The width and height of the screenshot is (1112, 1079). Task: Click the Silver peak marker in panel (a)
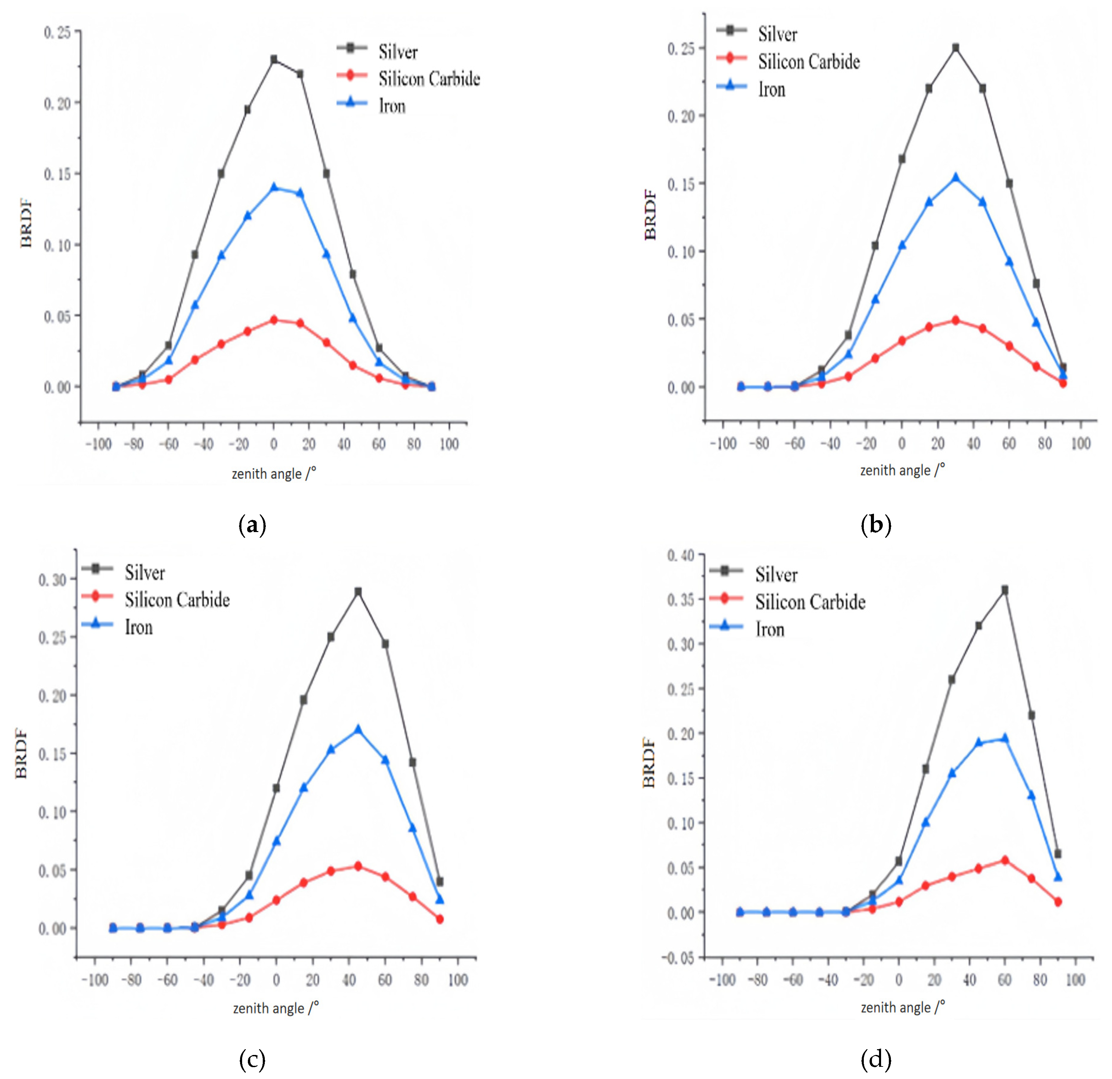(274, 59)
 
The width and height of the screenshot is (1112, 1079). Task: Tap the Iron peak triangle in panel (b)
(956, 177)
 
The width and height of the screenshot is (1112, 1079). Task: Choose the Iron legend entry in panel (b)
(772, 89)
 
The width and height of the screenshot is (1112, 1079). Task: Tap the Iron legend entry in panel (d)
(770, 629)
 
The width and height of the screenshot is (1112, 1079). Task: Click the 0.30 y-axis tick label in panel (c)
(52, 579)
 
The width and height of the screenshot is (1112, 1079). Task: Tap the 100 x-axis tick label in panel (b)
(1080, 443)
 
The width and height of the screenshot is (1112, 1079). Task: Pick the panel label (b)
(875, 525)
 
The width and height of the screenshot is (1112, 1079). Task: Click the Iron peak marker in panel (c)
(358, 729)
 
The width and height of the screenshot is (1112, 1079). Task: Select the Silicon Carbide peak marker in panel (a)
(274, 320)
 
